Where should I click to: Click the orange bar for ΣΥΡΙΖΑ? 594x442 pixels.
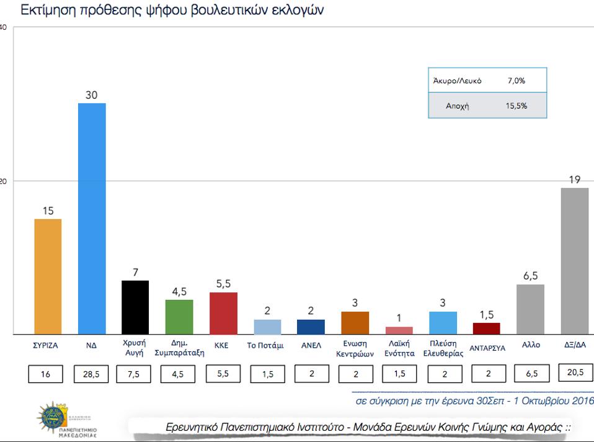point(48,276)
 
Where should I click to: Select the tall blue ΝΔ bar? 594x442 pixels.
point(92,219)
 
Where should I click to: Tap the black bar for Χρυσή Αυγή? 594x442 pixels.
point(135,307)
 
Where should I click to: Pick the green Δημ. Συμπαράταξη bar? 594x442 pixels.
point(179,317)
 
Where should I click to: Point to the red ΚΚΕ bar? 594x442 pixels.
point(223,313)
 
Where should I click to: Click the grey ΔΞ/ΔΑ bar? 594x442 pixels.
point(574,261)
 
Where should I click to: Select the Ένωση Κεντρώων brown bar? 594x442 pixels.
point(355,323)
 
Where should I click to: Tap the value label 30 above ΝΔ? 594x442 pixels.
point(92,94)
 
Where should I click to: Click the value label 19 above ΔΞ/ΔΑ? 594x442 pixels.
point(574,179)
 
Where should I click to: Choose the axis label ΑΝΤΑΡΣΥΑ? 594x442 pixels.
point(487,348)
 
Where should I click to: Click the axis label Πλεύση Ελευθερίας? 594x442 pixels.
point(443,348)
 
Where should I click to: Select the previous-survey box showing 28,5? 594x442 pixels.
point(92,374)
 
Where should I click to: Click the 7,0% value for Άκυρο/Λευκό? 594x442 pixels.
point(516,81)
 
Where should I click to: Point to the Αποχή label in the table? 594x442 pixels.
point(457,106)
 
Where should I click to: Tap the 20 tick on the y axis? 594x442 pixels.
point(3,181)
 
